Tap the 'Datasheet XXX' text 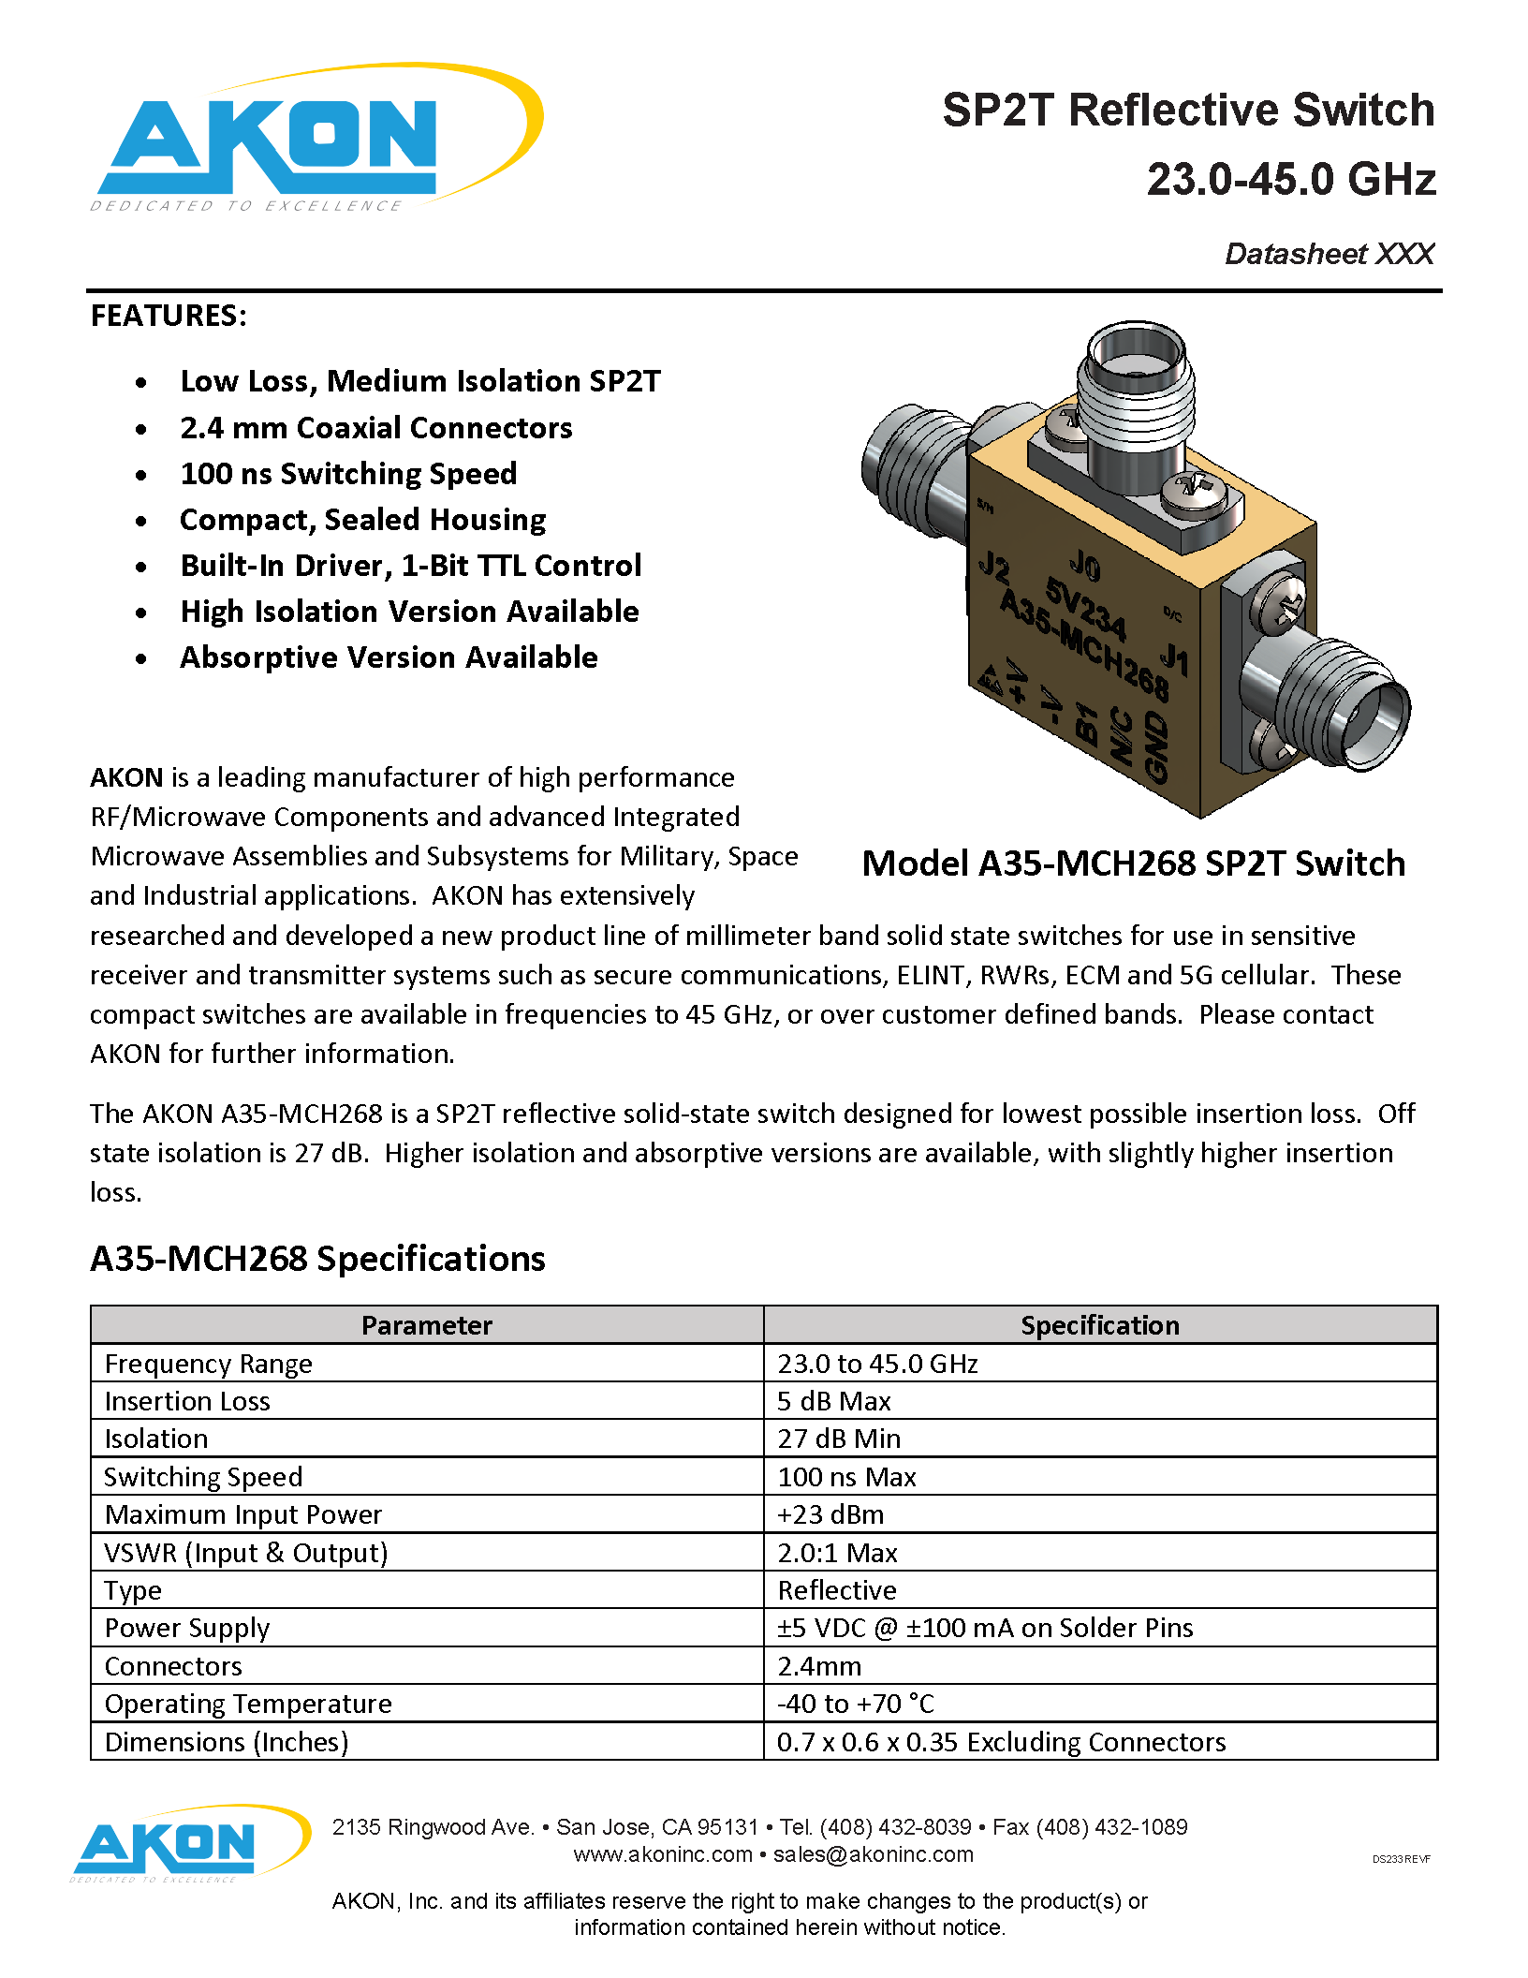click(x=1329, y=254)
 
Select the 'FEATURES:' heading click(x=169, y=316)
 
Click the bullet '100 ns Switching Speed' click(x=348, y=474)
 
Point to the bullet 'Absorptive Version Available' click(x=389, y=657)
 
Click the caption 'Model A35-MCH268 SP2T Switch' click(x=1133, y=864)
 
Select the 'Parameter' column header click(x=427, y=1325)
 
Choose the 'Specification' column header click(x=1100, y=1325)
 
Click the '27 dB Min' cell click(x=839, y=1439)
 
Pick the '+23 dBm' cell click(x=830, y=1514)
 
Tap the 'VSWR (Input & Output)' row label click(x=246, y=1553)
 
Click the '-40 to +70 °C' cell click(x=856, y=1704)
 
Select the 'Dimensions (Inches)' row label click(x=227, y=1742)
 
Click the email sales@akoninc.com click(x=873, y=1854)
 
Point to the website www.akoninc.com click(x=663, y=1854)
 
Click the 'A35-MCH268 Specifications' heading click(x=317, y=1259)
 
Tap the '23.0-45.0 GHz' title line click(x=1291, y=180)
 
